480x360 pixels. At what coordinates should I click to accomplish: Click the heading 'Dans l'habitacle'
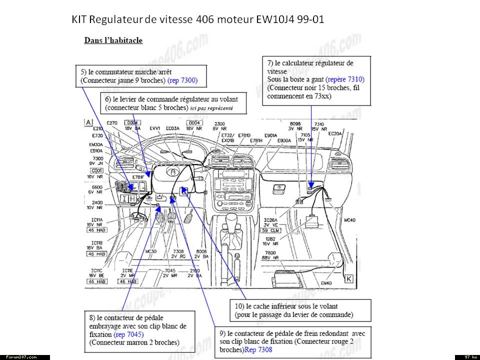click(113, 40)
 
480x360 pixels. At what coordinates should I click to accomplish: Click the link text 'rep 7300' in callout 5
click(182, 80)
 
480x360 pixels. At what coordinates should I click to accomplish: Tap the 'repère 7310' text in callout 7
click(345, 79)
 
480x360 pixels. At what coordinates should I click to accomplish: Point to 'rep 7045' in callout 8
click(128, 334)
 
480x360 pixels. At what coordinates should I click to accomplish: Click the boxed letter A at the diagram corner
click(88, 122)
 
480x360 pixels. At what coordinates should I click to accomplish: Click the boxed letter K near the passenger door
click(348, 279)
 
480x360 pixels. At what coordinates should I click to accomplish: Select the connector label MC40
click(350, 220)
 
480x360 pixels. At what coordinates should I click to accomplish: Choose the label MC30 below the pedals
click(151, 251)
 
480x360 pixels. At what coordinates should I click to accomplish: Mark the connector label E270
click(112, 122)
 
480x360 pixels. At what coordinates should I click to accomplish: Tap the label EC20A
click(335, 133)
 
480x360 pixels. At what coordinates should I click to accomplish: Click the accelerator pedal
click(189, 217)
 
